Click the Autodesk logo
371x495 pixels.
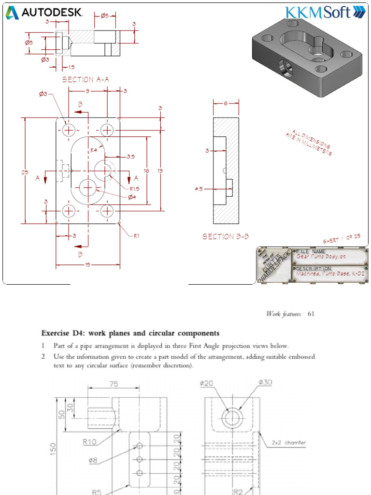coord(44,13)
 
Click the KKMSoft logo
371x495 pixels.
coord(326,12)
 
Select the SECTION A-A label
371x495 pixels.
coord(86,80)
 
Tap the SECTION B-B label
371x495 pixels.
coord(226,236)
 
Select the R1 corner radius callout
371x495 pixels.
coord(137,236)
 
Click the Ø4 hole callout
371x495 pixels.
coord(132,197)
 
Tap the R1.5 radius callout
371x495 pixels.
coord(135,189)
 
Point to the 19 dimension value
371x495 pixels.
coord(159,170)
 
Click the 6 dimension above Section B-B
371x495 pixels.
coord(226,103)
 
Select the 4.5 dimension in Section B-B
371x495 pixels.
coord(199,189)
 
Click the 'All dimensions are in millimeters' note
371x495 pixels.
coord(309,143)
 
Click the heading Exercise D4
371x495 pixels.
coord(130,333)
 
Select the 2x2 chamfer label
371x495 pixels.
coord(288,442)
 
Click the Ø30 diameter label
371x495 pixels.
coord(265,382)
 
